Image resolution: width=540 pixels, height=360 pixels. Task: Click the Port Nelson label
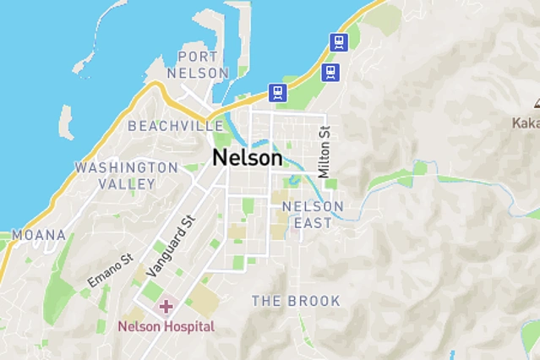point(199,64)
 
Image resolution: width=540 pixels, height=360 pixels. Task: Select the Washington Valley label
point(127,175)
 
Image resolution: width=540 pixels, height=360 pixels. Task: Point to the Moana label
point(38,234)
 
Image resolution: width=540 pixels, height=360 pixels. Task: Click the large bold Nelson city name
point(247,157)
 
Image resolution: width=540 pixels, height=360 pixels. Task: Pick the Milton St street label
point(324,151)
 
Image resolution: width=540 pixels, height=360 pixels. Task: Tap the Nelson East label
point(313,215)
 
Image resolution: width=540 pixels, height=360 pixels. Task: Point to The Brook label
point(296,301)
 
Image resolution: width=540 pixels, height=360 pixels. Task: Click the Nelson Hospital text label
point(166,326)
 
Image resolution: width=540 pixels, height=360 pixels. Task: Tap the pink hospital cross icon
point(166,305)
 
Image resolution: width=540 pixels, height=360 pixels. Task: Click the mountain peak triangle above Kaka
point(536,104)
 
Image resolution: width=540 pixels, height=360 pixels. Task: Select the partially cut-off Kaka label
point(526,123)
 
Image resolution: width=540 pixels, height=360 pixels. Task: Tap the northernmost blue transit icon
point(340,41)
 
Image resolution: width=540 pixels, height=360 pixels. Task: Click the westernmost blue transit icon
point(277,92)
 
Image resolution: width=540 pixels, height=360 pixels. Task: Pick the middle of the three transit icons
point(330,72)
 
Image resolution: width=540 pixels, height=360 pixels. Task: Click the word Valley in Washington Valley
point(127,183)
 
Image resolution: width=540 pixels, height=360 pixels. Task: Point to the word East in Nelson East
point(313,223)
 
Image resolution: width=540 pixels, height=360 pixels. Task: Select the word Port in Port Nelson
point(199,56)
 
